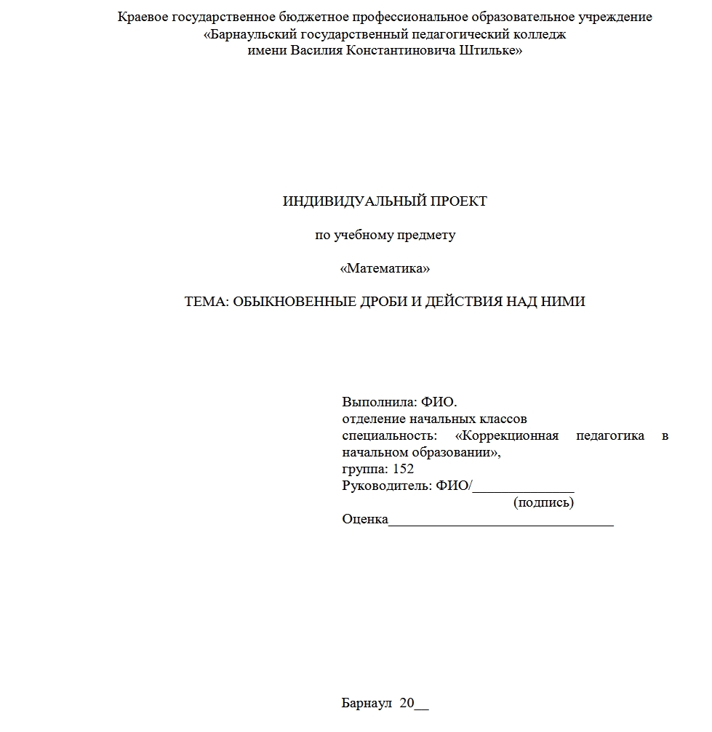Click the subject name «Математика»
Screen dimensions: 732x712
tap(385, 269)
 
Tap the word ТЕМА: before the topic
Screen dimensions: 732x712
tap(207, 302)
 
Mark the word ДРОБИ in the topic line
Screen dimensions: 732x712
tap(390, 302)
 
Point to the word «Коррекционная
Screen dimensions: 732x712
tap(506, 436)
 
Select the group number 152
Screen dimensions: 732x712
tap(403, 470)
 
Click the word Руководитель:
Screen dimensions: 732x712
tap(387, 486)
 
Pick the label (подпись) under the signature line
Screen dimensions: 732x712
tap(543, 502)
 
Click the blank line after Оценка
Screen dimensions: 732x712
tap(501, 521)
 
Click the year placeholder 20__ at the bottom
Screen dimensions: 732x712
tap(415, 704)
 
